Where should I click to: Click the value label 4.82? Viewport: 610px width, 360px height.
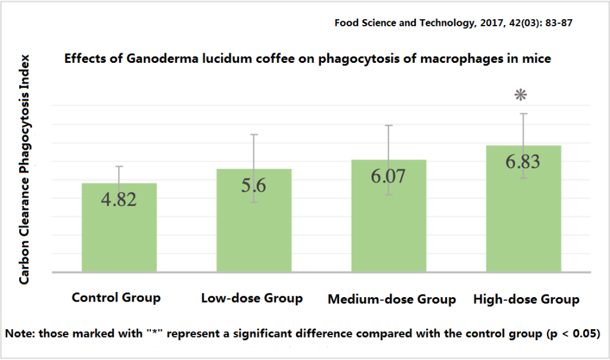(119, 199)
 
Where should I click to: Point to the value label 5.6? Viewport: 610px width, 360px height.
(254, 185)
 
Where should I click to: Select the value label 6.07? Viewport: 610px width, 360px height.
(388, 176)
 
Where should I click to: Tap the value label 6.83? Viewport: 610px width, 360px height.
(523, 161)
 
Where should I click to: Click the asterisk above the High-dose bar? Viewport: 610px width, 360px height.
(521, 96)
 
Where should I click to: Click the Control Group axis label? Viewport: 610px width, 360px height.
(116, 298)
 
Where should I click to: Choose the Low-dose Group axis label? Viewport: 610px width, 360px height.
(252, 298)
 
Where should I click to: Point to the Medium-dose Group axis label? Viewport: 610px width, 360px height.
(392, 300)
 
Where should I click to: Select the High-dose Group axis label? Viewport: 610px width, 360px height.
(527, 300)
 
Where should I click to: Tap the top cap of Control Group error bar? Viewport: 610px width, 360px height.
(119, 166)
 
